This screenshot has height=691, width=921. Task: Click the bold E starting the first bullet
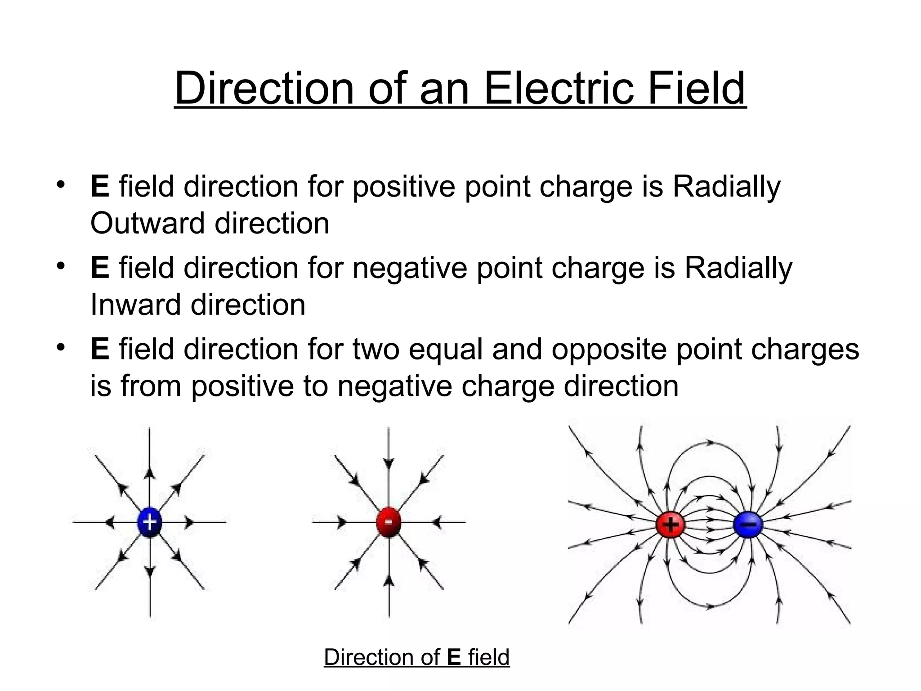pyautogui.click(x=99, y=187)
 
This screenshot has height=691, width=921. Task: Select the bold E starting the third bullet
pyautogui.click(x=99, y=350)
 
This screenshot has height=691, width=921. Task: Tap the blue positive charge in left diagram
pyautogui.click(x=149, y=522)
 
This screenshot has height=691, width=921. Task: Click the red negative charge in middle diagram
pyautogui.click(x=389, y=522)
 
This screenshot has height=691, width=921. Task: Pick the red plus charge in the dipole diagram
pyautogui.click(x=670, y=525)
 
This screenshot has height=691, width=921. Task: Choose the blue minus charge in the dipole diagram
pyautogui.click(x=748, y=525)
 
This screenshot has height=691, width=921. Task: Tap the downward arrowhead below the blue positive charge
pyautogui.click(x=150, y=571)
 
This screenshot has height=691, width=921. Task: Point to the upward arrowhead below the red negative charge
pyautogui.click(x=389, y=581)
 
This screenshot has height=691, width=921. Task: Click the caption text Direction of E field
pyautogui.click(x=416, y=657)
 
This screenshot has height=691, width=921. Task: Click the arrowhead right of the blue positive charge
pyautogui.click(x=189, y=522)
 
